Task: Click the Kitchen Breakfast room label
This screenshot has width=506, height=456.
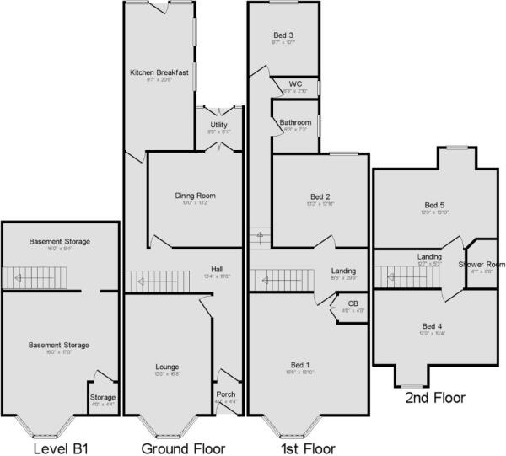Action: tap(159, 73)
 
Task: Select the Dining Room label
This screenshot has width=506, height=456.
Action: tap(191, 196)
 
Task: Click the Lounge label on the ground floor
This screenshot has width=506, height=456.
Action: tap(167, 367)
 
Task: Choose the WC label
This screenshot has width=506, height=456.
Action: tap(295, 84)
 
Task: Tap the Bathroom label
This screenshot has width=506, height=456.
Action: tap(295, 122)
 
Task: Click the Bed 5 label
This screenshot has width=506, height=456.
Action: tap(433, 205)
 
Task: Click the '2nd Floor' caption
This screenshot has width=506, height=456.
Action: tap(434, 397)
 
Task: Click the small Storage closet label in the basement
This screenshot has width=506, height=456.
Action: tap(103, 397)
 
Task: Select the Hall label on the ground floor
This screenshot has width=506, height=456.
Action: tap(217, 270)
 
